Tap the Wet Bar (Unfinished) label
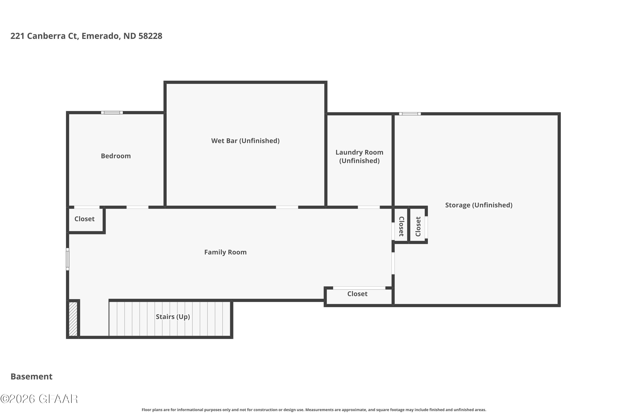pos(245,141)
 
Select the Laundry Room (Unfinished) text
pos(359,157)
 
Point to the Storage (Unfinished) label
pos(479,205)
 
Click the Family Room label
pos(225,252)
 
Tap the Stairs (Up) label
pos(173,317)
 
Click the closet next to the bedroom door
pos(84,219)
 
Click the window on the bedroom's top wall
pos(112,112)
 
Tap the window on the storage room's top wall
pos(410,114)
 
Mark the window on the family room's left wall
pos(68,259)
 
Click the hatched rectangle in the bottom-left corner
pos(73,319)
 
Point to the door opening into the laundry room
pos(368,207)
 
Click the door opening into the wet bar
pos(287,207)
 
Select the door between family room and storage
pos(393,263)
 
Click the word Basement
pos(32,376)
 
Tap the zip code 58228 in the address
pos(150,36)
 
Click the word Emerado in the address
pos(100,36)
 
